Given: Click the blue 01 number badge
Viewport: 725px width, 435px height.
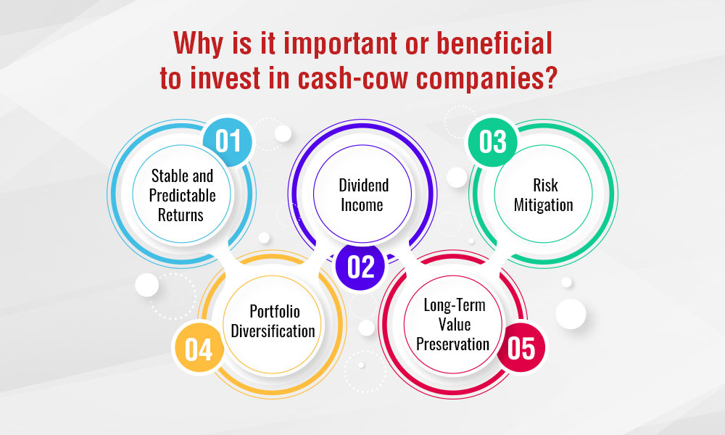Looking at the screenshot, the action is [x=228, y=141].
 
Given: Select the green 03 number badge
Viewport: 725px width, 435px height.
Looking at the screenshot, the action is [x=493, y=141].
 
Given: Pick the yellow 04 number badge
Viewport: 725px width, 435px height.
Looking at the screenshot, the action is [x=199, y=349].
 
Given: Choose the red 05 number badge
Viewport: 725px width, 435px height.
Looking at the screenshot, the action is [x=521, y=347].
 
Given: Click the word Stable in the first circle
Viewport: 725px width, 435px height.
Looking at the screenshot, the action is [x=170, y=175].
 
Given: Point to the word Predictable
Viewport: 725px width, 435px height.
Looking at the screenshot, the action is [x=182, y=196].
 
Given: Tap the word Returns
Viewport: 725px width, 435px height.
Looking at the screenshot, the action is [x=181, y=215].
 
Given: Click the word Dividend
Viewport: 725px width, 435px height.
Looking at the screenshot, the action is [x=364, y=186].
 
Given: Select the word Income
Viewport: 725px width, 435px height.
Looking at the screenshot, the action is [x=362, y=204].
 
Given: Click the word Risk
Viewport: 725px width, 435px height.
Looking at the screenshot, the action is [x=546, y=186].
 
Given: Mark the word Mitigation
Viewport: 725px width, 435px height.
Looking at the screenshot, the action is [x=544, y=204].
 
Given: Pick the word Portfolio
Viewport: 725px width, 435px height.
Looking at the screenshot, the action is [x=275, y=312].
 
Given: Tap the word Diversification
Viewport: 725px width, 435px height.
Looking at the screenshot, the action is [x=273, y=331].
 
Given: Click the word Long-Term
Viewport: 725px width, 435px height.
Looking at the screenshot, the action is [x=455, y=305].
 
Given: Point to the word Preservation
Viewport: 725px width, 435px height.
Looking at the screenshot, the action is [x=452, y=344].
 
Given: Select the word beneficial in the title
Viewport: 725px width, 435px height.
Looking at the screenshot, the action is [x=494, y=43].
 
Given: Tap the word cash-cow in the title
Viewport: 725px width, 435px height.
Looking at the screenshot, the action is [x=353, y=78].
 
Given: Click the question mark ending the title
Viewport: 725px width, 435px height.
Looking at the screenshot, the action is [x=550, y=78].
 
